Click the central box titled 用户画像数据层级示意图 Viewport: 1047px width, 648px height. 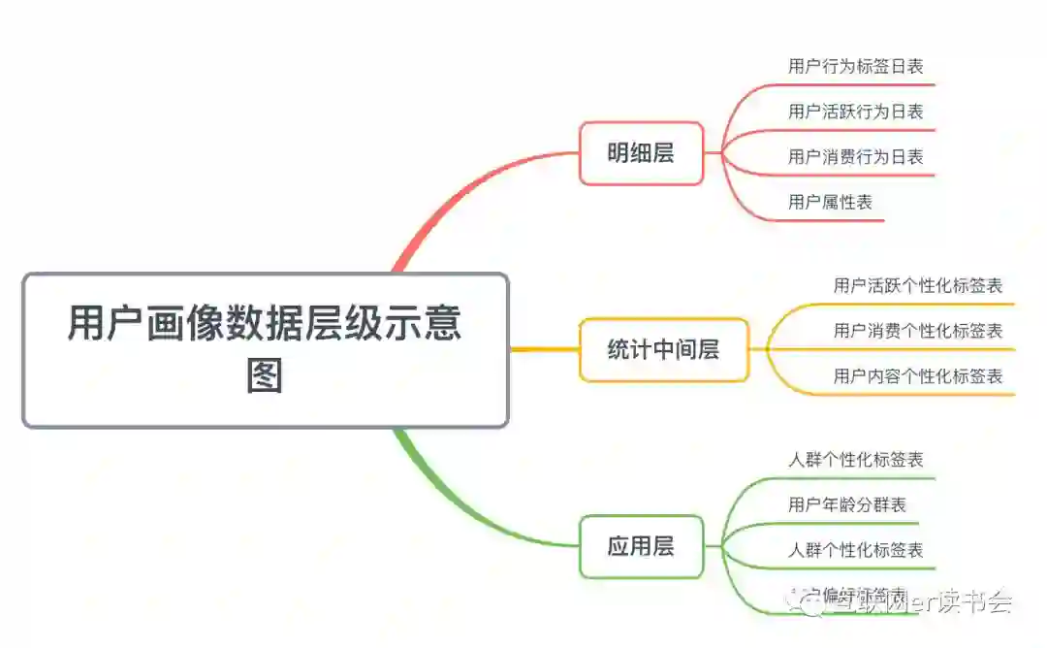[x=265, y=349]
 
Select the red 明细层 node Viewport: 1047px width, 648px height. [x=641, y=153]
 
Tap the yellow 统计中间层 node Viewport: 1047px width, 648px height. [x=663, y=350]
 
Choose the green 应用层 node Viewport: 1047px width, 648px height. [x=641, y=546]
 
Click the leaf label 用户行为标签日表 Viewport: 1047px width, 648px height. [x=855, y=67]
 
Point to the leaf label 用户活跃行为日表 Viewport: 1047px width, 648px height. [x=855, y=112]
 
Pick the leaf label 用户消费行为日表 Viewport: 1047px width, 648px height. [x=855, y=156]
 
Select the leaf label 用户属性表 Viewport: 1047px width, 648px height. [x=830, y=202]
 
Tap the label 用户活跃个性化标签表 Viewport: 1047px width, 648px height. [x=917, y=285]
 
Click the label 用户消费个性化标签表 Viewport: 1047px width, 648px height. [x=917, y=331]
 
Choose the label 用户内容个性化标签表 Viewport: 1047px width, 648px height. [x=917, y=376]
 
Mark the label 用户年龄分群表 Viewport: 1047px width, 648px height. [x=847, y=504]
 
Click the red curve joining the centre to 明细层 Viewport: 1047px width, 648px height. [x=456, y=194]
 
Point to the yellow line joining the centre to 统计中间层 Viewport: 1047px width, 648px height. [x=543, y=349]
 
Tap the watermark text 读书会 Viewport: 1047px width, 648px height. [x=979, y=601]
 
